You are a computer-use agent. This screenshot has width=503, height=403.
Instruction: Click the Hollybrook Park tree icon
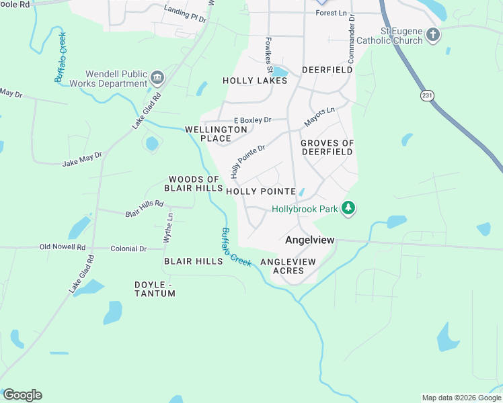coord(348,209)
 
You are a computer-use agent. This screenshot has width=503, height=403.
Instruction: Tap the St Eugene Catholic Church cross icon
coord(434,34)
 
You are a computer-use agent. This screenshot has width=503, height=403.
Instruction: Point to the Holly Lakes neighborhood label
coord(255,81)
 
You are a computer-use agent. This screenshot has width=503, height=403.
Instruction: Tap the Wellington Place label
coord(217,133)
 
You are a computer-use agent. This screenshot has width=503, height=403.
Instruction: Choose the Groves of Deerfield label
coord(327,147)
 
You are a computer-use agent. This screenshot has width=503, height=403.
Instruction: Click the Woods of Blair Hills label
coord(194,183)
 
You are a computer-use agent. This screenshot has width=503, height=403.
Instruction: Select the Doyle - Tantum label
coord(155,289)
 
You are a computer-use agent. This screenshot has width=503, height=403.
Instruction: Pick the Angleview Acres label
coord(288,266)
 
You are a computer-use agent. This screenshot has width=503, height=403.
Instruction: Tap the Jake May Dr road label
coord(82,159)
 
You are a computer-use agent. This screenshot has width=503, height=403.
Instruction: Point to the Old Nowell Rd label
coord(62,247)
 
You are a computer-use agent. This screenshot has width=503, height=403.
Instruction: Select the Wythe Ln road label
coord(168,228)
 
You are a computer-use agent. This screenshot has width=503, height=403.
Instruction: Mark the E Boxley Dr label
coord(252,120)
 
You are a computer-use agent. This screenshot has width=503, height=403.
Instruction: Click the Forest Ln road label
coord(330,12)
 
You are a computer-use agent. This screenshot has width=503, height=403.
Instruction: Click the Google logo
coord(22,395)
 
